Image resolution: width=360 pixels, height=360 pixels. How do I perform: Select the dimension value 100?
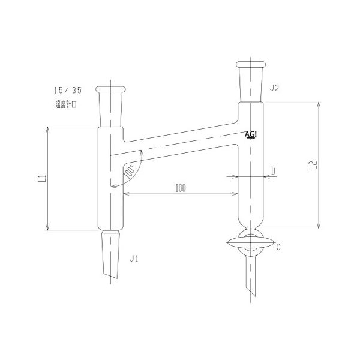[x=180, y=187]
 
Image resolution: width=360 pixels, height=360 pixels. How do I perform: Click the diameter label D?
[x=272, y=171]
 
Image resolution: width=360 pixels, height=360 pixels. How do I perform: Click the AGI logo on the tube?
[x=253, y=134]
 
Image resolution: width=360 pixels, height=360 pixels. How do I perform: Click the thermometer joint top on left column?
[x=111, y=89]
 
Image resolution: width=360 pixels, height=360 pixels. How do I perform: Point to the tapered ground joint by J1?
[x=111, y=252]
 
